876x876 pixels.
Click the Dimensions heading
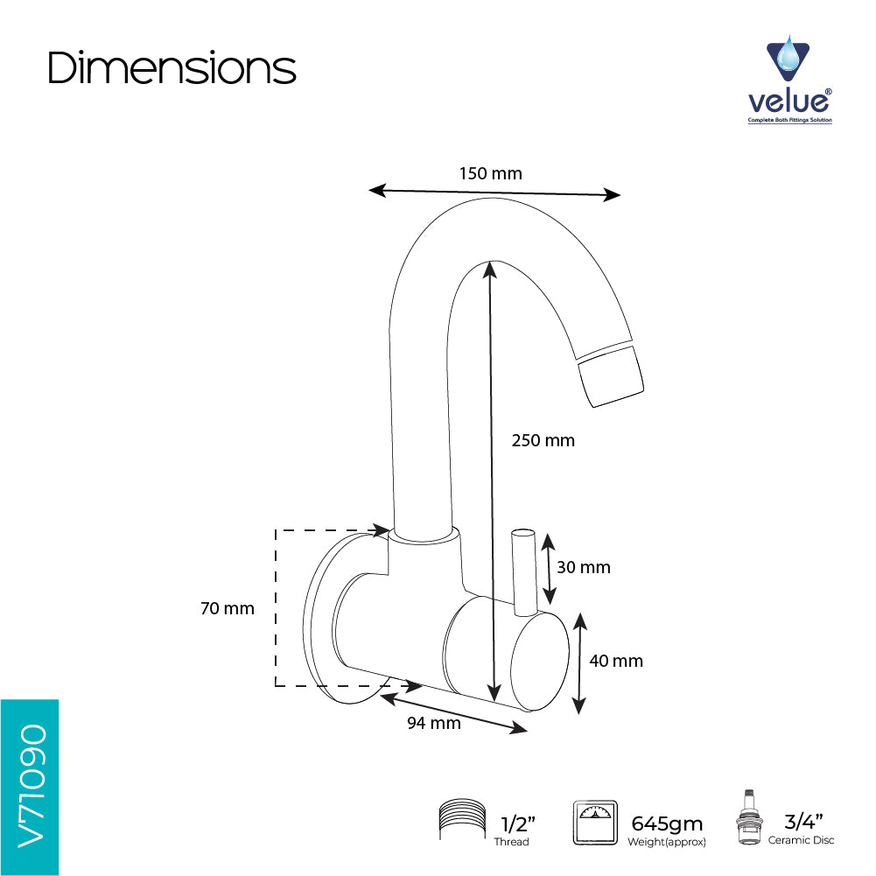click(x=172, y=67)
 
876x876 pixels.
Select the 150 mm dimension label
click(x=491, y=173)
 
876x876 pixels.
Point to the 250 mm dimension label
click(x=543, y=440)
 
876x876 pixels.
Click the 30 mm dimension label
click(x=583, y=567)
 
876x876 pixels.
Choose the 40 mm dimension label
click(x=616, y=661)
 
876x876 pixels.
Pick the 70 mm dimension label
click(x=228, y=608)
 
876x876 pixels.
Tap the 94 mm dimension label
click(x=433, y=723)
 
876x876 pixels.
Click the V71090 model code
click(x=32, y=786)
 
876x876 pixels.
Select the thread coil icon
click(x=462, y=819)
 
